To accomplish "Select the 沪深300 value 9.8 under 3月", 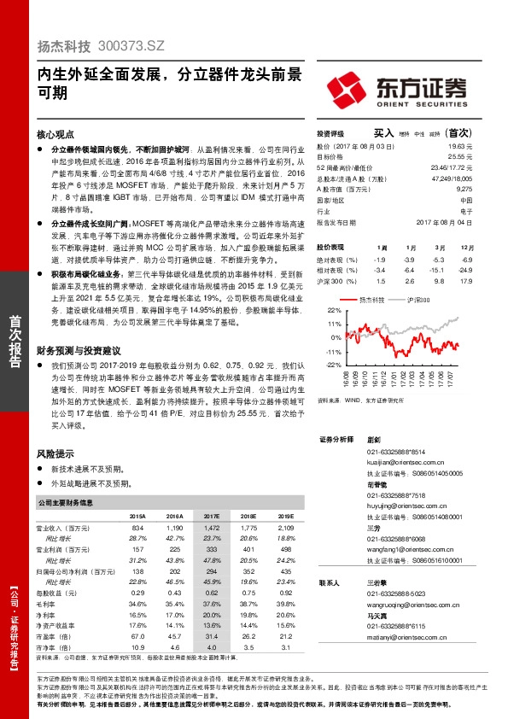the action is [437, 280].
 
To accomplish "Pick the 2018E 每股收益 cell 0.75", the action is [248, 593].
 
